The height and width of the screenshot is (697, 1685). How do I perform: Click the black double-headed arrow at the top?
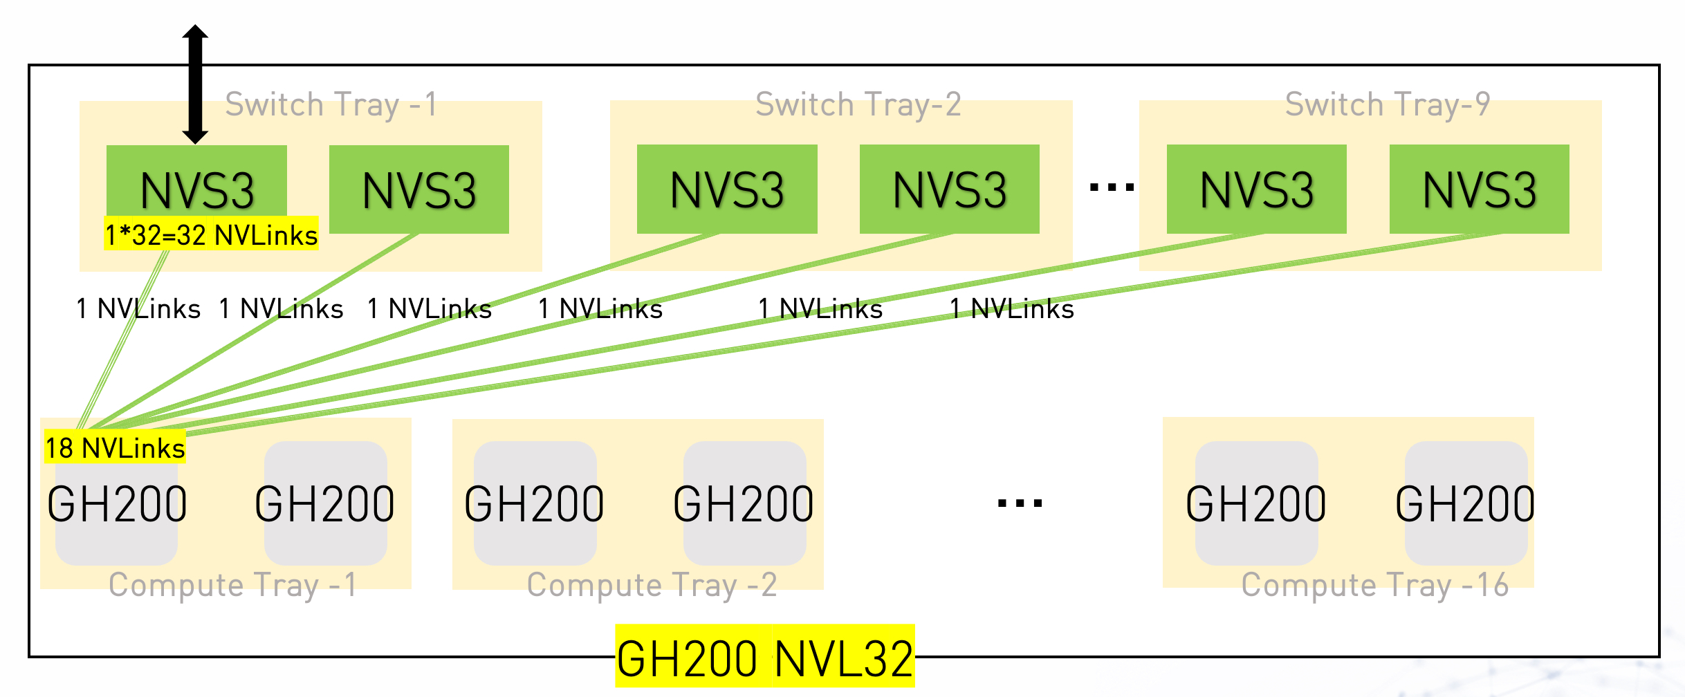pyautogui.click(x=195, y=84)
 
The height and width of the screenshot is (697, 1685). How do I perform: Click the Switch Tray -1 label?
pyautogui.click(x=331, y=105)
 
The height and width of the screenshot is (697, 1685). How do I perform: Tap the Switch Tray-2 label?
pyautogui.click(x=858, y=105)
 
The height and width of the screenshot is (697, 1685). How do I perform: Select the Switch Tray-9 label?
pyautogui.click(x=1387, y=105)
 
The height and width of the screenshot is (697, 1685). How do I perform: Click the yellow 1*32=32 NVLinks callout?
pyautogui.click(x=211, y=235)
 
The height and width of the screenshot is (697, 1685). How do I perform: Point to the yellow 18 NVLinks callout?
pyautogui.click(x=115, y=448)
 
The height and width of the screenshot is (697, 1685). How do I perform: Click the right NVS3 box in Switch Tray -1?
pyautogui.click(x=419, y=189)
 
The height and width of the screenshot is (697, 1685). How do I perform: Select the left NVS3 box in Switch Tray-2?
pyautogui.click(x=727, y=189)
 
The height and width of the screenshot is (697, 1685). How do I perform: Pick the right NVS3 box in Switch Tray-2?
pyautogui.click(x=949, y=189)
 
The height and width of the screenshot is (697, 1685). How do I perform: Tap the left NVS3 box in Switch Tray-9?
pyautogui.click(x=1256, y=189)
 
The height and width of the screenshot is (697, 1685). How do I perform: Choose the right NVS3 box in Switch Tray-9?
pyautogui.click(x=1479, y=189)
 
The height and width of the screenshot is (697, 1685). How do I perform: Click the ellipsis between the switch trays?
pyautogui.click(x=1112, y=187)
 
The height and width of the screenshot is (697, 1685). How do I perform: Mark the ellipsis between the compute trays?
pyautogui.click(x=1020, y=503)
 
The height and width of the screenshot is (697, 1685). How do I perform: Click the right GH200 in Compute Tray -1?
pyautogui.click(x=325, y=503)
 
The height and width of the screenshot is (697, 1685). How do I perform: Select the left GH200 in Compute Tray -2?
pyautogui.click(x=535, y=503)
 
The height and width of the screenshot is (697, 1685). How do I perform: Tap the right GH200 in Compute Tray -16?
pyautogui.click(x=1465, y=503)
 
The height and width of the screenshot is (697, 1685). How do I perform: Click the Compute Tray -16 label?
pyautogui.click(x=1374, y=585)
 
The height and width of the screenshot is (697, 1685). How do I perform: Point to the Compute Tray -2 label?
pyautogui.click(x=652, y=585)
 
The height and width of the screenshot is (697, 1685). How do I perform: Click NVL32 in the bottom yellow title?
pyautogui.click(x=844, y=658)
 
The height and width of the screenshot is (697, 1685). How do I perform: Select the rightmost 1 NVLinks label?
pyautogui.click(x=1011, y=309)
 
